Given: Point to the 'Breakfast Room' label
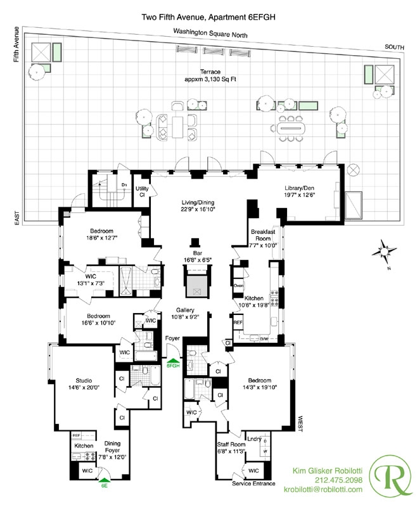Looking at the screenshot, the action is [x=262, y=236].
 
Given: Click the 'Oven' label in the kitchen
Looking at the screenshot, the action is [x=239, y=285].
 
